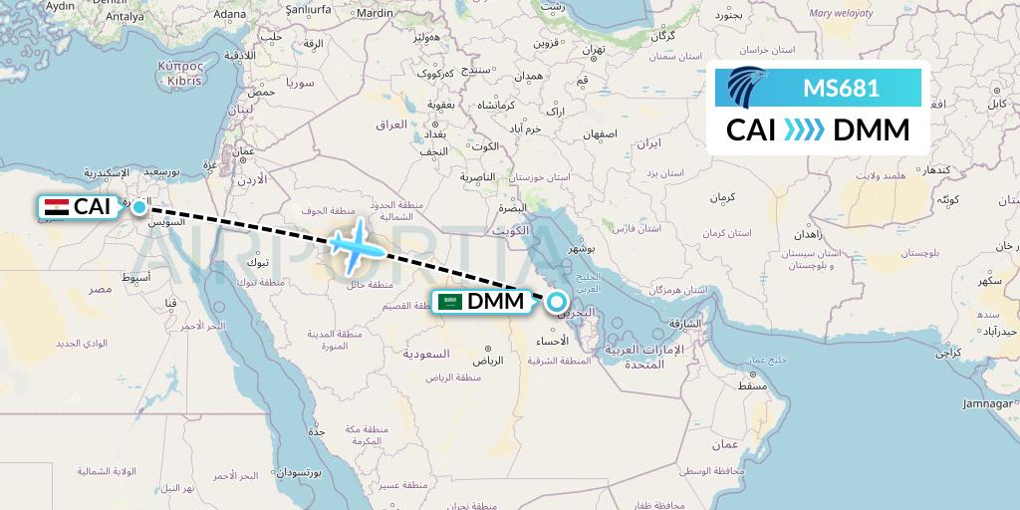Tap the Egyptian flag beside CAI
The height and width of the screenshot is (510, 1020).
pyautogui.click(x=57, y=207)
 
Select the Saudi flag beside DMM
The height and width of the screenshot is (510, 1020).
pyautogui.click(x=451, y=301)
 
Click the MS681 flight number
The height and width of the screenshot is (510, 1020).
pyautogui.click(x=841, y=88)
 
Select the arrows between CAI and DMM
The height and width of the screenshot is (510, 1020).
pyautogui.click(x=804, y=130)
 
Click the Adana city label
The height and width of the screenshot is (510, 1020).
pyautogui.click(x=230, y=14)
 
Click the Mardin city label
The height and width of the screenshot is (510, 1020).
pyautogui.click(x=375, y=14)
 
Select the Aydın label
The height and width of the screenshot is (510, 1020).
pyautogui.click(x=61, y=6)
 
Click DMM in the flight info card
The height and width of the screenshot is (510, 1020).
pyautogui.click(x=871, y=130)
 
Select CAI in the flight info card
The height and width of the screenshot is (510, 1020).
pyautogui.click(x=751, y=130)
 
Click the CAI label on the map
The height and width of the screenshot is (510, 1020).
pyautogui.click(x=93, y=207)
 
